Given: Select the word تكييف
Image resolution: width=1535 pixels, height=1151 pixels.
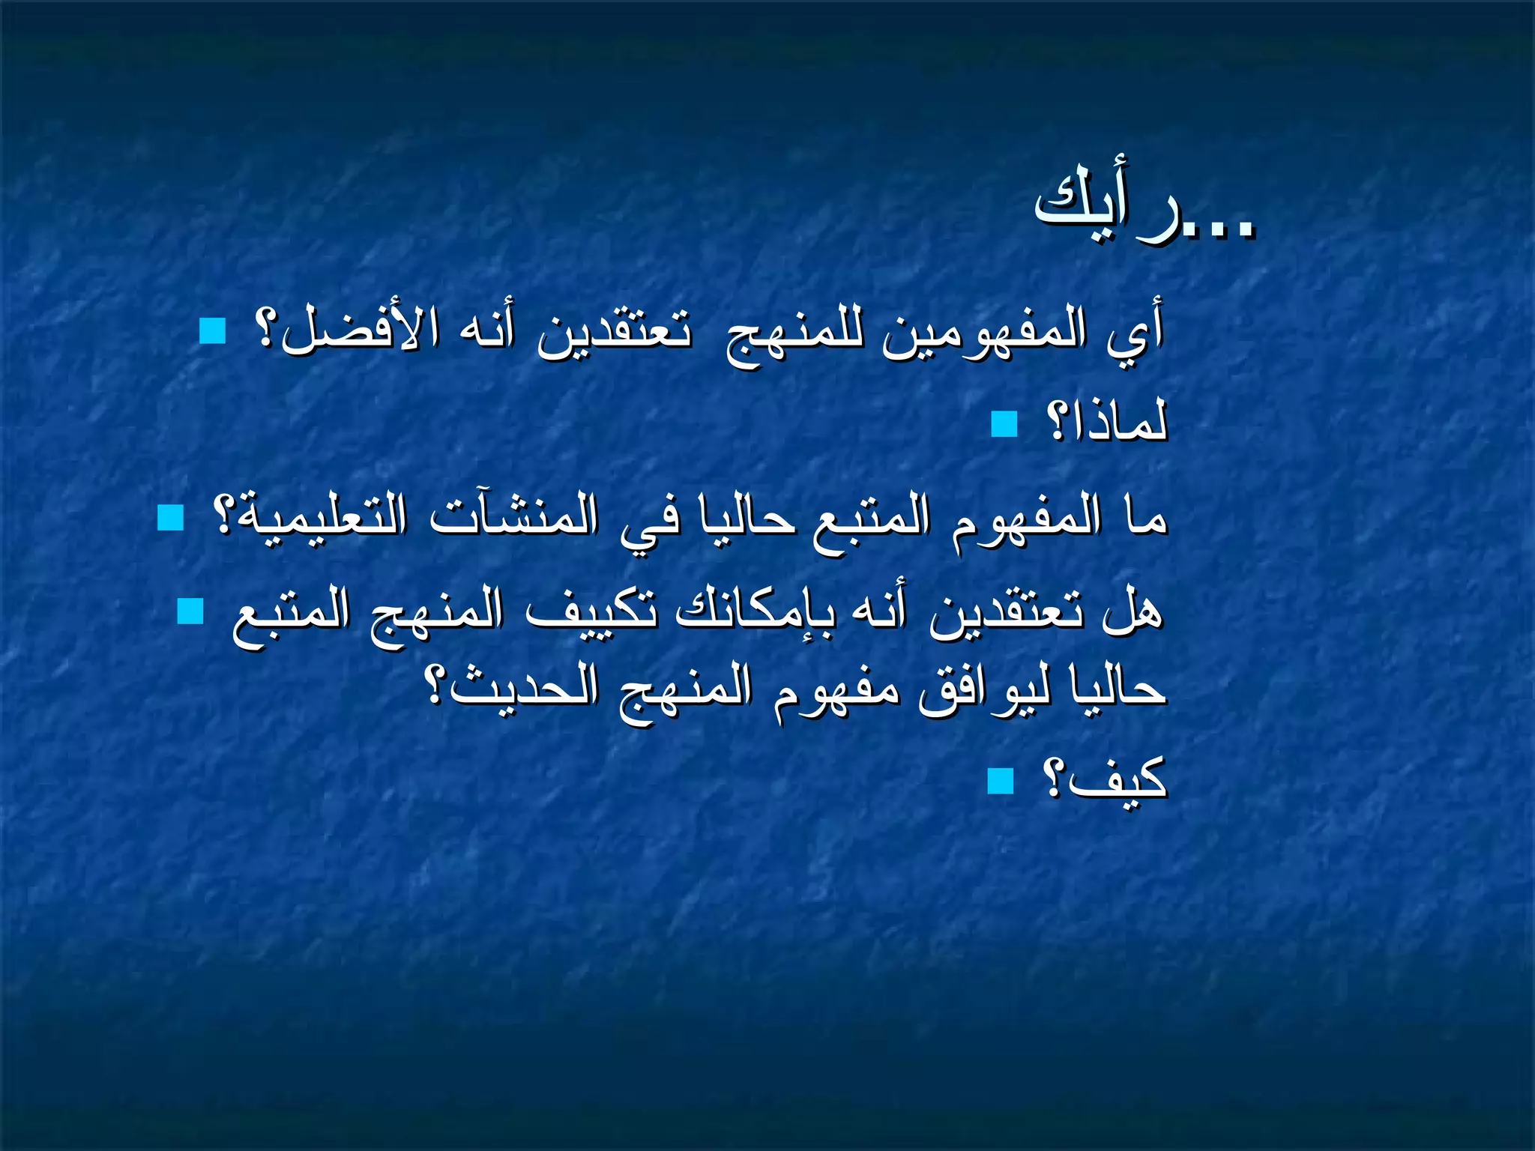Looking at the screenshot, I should click(592, 611).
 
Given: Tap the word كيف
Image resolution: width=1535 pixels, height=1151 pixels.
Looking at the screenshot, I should click(1117, 779).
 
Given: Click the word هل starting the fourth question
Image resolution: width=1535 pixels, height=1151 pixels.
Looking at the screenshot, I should click(1132, 611).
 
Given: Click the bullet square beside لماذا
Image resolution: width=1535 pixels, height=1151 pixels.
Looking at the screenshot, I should click(1004, 424).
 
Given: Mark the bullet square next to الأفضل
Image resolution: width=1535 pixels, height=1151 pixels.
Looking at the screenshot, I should click(213, 330).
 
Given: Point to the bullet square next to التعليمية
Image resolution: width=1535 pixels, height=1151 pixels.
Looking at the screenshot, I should click(171, 517).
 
